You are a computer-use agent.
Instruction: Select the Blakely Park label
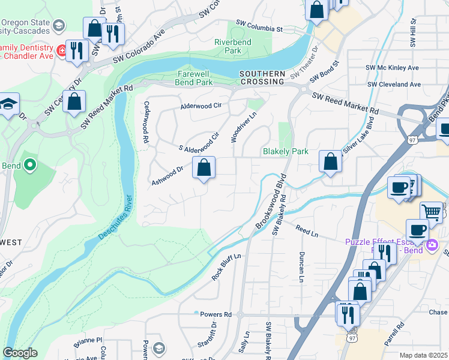285,152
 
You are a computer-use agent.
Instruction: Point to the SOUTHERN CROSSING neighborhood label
262,77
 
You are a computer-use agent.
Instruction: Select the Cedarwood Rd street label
146,122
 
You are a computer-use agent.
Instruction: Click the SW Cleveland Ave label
394,85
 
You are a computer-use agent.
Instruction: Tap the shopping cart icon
432,212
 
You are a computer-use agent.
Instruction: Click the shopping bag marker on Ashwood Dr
204,167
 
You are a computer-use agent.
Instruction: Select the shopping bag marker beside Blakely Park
330,161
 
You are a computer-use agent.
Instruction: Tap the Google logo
20,353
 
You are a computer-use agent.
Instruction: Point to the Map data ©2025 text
423,355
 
